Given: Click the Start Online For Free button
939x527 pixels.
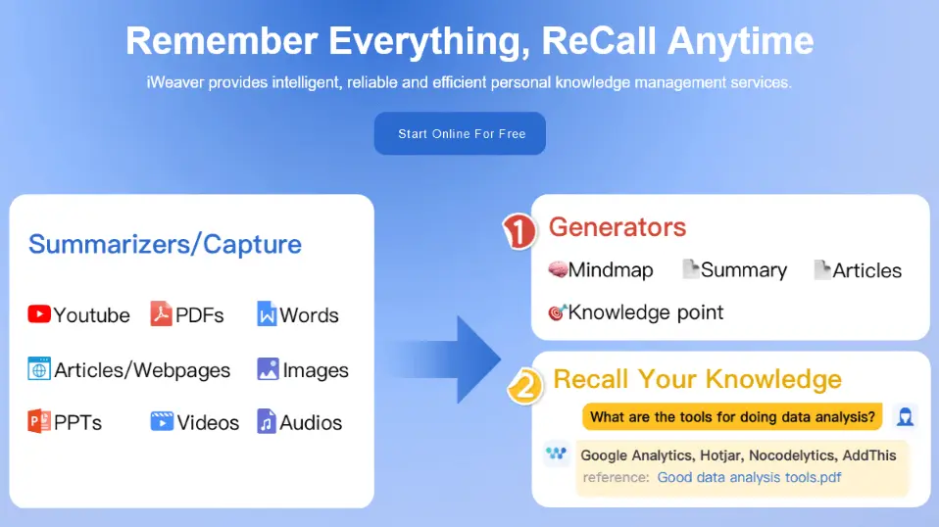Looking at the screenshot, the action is pyautogui.click(x=460, y=133).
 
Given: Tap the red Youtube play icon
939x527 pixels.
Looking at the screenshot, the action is pyautogui.click(x=39, y=314).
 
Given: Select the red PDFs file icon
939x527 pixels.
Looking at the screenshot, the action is pyautogui.click(x=161, y=314).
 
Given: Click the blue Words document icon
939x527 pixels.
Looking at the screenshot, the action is pyautogui.click(x=267, y=314).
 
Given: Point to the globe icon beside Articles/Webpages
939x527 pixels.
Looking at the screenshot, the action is pyautogui.click(x=39, y=369).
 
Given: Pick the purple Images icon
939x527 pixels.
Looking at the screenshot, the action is pyautogui.click(x=268, y=369).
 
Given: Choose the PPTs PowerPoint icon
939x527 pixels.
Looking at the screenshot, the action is pyautogui.click(x=39, y=422).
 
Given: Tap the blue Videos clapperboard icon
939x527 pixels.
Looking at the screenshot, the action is pyautogui.click(x=162, y=422).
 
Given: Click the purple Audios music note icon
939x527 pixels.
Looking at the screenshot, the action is pyautogui.click(x=267, y=422).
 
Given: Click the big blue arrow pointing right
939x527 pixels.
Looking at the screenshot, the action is pyautogui.click(x=446, y=359).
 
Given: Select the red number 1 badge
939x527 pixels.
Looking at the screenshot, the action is pyautogui.click(x=519, y=231).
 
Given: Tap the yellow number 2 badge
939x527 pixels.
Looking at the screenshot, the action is pyautogui.click(x=525, y=386).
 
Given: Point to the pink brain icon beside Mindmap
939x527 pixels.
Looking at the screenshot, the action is pyautogui.click(x=558, y=269).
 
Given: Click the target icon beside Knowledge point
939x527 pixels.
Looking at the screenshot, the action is pyautogui.click(x=558, y=311).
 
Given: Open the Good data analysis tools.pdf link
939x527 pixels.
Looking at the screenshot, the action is pyautogui.click(x=749, y=477).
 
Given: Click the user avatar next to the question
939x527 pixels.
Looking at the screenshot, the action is pyautogui.click(x=905, y=416).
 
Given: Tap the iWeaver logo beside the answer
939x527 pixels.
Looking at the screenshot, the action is pyautogui.click(x=557, y=454).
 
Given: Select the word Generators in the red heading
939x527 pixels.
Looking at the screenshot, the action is pyautogui.click(x=618, y=227).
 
